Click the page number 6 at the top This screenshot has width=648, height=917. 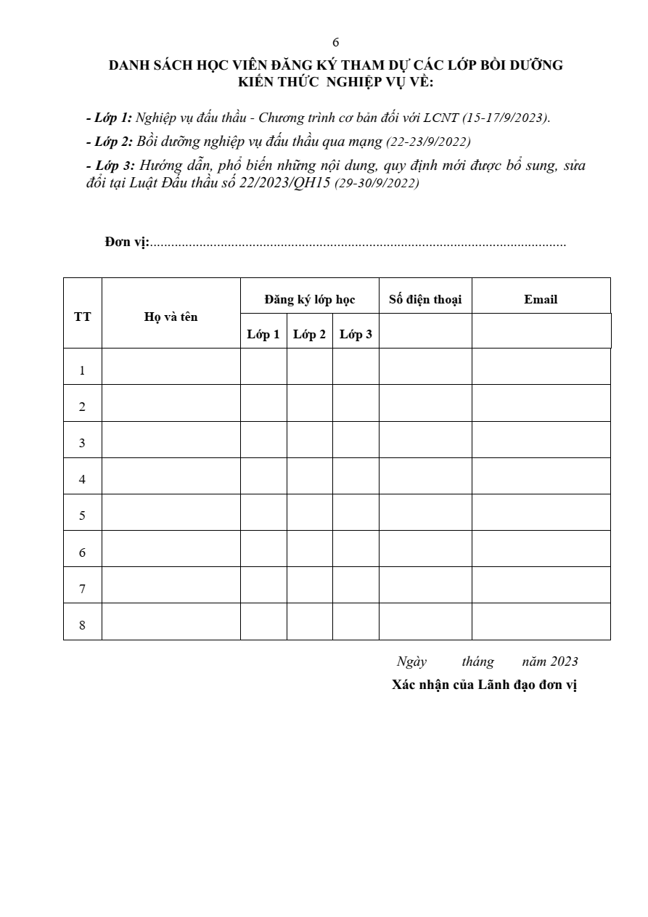click(335, 42)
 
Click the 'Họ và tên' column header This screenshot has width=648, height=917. click(171, 317)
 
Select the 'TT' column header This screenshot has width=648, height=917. click(82, 317)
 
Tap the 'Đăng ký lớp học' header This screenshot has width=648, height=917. click(309, 299)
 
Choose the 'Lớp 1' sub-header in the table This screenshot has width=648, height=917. click(263, 334)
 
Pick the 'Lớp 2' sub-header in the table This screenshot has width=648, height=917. click(309, 334)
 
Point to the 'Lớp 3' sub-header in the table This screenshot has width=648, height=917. click(356, 334)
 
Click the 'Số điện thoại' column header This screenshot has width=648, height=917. click(425, 299)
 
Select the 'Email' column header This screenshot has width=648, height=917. click(541, 299)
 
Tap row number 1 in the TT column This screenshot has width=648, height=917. click(82, 370)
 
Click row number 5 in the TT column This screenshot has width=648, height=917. click(82, 515)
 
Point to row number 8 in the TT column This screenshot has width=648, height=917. click(82, 625)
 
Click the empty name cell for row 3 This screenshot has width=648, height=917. click(171, 440)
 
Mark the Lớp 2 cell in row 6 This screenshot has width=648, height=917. click(309, 549)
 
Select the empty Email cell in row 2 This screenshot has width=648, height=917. click(541, 403)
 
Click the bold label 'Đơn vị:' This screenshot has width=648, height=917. click(127, 243)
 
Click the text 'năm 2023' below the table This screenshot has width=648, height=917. click(550, 661)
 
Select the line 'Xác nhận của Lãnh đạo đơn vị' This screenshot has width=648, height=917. click(484, 685)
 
